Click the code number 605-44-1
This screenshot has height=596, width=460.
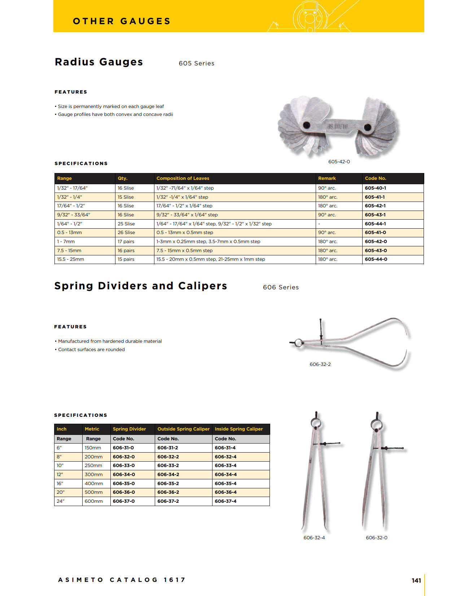point(375,224)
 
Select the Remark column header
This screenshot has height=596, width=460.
point(327,178)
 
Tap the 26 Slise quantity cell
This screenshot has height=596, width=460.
point(126,233)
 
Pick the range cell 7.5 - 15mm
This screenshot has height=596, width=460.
point(69,251)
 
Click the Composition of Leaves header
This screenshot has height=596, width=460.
point(183,178)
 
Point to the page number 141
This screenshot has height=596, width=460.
point(416,580)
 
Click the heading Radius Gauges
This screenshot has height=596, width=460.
point(99,62)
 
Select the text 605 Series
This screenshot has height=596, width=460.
point(197,64)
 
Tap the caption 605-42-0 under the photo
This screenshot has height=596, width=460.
point(339,162)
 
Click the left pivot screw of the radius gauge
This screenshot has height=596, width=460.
point(306,125)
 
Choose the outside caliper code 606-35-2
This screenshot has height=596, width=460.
point(168,484)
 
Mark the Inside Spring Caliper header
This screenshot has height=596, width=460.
point(239,429)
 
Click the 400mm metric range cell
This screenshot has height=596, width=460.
point(94,484)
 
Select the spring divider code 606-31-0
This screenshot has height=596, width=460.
point(123,448)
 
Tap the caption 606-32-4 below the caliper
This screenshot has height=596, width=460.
point(314,538)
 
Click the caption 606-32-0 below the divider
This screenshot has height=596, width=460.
point(377,538)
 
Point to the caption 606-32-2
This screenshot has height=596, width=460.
point(320,364)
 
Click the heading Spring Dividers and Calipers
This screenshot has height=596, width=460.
point(141,286)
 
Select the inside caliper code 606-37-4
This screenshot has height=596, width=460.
point(225,501)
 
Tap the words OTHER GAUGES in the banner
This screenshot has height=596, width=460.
point(122,21)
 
